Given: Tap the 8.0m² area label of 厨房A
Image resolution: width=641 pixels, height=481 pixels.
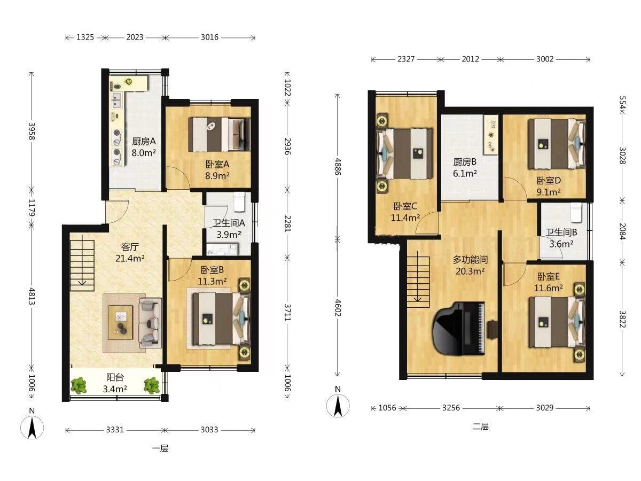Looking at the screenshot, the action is tap(143, 153).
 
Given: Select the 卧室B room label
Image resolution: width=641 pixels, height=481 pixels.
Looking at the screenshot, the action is tap(212, 269).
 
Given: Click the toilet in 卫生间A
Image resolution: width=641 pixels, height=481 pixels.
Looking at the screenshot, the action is tap(239, 201).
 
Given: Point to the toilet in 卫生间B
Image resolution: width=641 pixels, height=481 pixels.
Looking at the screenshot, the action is tap(577, 212).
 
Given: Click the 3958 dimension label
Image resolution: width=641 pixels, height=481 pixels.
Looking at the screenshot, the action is tap(32, 131).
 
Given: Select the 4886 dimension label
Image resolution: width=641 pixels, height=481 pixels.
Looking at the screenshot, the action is tap(338, 166).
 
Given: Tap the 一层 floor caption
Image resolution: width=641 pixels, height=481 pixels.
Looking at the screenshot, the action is tap(160, 448).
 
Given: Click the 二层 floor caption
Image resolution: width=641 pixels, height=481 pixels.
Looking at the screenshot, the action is tap(480, 426).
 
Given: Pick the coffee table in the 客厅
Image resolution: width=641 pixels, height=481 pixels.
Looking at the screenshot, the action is tap(120, 322).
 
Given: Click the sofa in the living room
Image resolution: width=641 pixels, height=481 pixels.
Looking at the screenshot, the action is tap(150, 323).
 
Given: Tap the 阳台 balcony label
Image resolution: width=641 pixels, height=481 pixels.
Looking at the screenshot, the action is tap(115, 377).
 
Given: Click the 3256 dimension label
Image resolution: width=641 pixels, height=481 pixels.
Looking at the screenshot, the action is tap(451, 408).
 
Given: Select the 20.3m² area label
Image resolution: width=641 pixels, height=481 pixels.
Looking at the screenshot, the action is tap(470, 271).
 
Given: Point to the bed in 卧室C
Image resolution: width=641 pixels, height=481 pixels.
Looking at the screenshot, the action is tap(405, 153).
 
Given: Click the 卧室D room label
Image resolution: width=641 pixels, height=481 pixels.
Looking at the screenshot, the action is tap(549, 181).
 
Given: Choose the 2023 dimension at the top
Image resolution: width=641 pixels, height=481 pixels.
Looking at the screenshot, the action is tap(135, 37).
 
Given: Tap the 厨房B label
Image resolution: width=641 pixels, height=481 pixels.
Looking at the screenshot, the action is tap(465, 161).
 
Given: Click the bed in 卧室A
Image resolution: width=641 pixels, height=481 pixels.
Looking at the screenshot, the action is tap(220, 134).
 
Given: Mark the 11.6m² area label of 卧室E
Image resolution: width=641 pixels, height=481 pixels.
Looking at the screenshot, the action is tap(549, 288).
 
